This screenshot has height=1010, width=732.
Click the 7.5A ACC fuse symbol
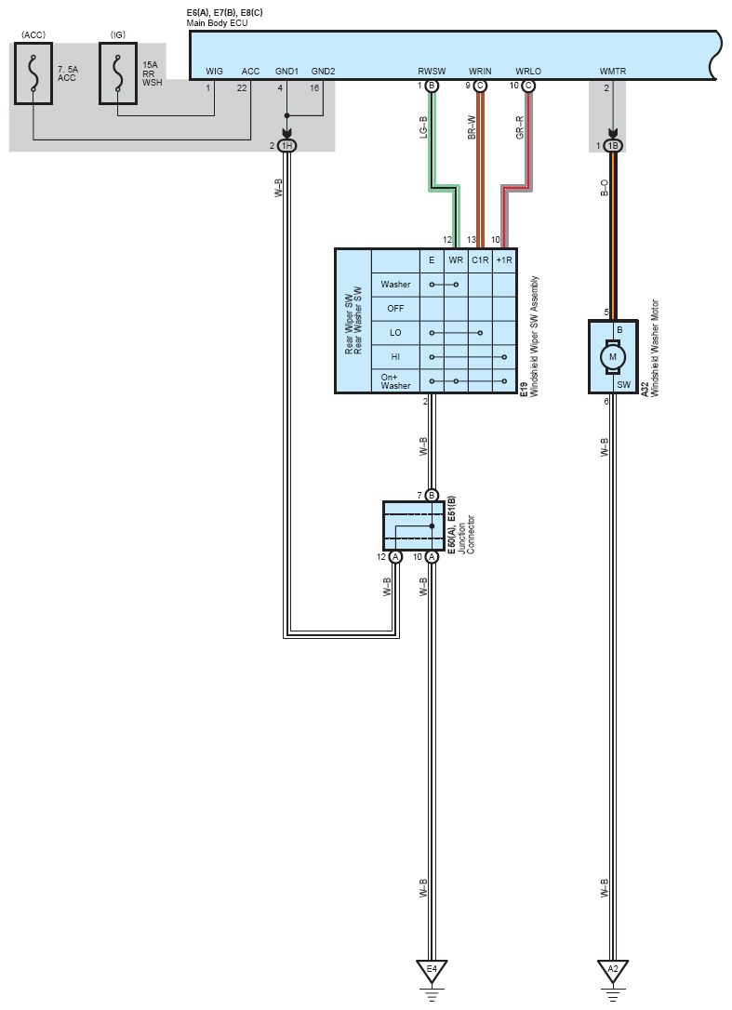tap(33, 73)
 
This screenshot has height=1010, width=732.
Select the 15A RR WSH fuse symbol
tap(118, 73)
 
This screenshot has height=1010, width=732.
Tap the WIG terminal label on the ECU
tap(215, 72)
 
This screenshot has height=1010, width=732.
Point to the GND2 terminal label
tap(323, 72)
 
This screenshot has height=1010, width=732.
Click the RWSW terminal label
tap(432, 72)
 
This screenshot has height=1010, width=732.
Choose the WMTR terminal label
tap(613, 72)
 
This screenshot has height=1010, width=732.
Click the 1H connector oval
tap(286, 146)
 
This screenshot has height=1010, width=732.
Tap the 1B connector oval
tap(613, 146)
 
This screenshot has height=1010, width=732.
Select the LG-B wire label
tap(423, 127)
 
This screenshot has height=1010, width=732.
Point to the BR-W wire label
tap(472, 127)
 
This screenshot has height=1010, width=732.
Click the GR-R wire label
tap(520, 127)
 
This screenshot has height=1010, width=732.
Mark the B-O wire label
tap(605, 188)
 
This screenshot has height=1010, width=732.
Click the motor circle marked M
tap(613, 357)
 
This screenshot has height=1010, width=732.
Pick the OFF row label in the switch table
tap(395, 309)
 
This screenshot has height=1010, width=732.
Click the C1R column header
tap(480, 260)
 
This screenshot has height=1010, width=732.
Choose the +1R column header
tap(504, 260)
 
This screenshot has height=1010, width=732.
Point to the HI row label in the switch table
tap(395, 357)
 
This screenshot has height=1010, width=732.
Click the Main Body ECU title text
tap(217, 23)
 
